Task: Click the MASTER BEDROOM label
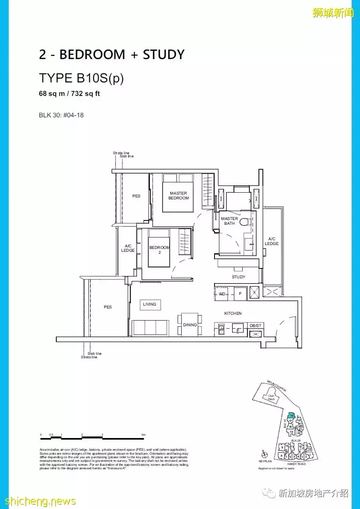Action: click(178, 196)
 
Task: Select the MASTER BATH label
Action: click(230, 221)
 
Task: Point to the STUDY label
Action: click(239, 277)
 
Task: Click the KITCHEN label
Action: click(233, 314)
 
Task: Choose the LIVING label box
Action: click(149, 304)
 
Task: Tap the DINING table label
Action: click(190, 325)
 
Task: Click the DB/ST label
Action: click(255, 325)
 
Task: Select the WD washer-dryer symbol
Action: click(222, 294)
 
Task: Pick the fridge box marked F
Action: click(240, 294)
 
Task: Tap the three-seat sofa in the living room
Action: click(150, 328)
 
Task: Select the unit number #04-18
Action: click(72, 115)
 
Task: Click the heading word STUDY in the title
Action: click(164, 55)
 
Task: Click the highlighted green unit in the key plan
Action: click(291, 415)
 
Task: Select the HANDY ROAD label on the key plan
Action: click(296, 464)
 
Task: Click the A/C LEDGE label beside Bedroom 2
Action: click(128, 248)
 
